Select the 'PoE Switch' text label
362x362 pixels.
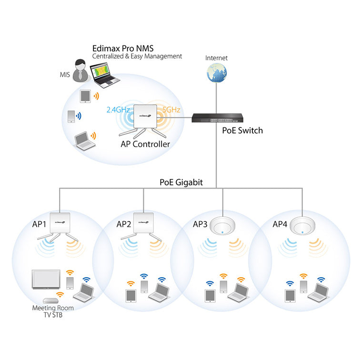tap(242, 131)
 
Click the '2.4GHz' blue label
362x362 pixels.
tap(118, 110)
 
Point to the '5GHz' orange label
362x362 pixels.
tap(171, 110)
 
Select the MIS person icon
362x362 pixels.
tap(80, 71)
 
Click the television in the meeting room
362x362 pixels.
tap(46, 280)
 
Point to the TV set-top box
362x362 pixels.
tap(50, 301)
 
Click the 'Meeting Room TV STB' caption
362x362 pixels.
tap(53, 311)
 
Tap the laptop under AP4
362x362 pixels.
tap(317, 292)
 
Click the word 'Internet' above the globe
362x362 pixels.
tap(216, 58)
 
